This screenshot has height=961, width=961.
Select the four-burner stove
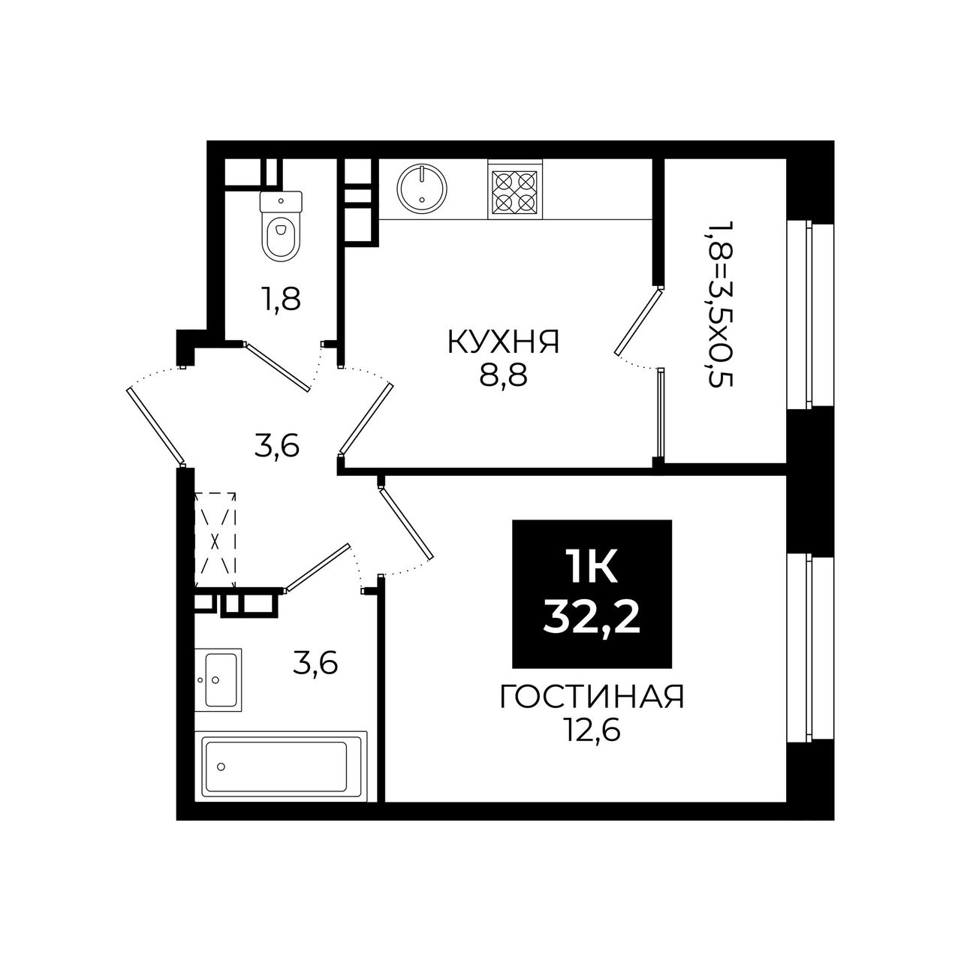click(x=515, y=191)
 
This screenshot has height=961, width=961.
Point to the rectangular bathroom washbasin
click(x=218, y=679)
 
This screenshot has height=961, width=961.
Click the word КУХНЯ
click(x=504, y=343)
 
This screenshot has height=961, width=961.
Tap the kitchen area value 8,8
click(x=503, y=377)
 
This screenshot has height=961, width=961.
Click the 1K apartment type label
click(x=592, y=567)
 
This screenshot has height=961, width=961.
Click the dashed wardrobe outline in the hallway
click(x=215, y=540)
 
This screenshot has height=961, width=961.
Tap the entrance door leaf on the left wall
click(x=156, y=426)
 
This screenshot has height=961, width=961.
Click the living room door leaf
click(x=405, y=523)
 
